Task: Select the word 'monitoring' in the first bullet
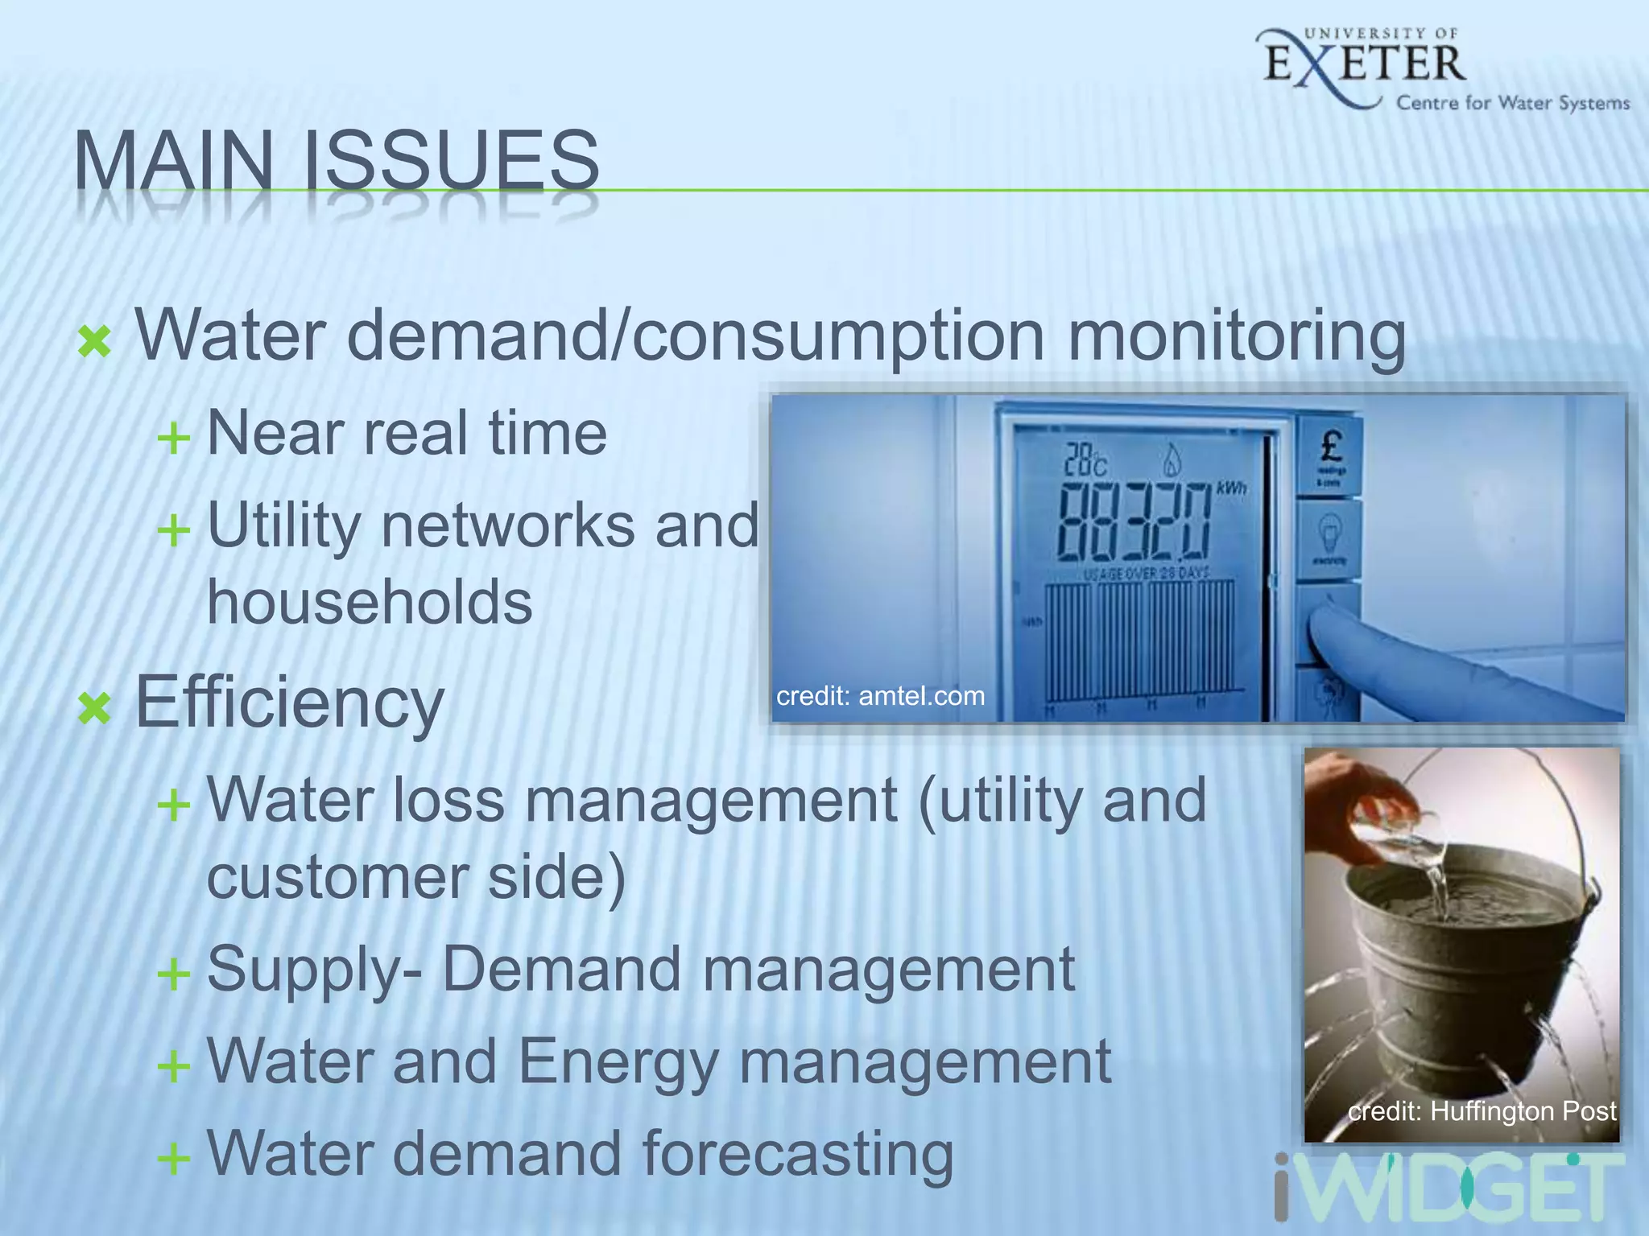point(1237,336)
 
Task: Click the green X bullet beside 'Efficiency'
point(95,708)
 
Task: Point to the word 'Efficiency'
point(289,703)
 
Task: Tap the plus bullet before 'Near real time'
point(174,439)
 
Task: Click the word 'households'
point(370,602)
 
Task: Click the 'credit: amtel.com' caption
point(880,696)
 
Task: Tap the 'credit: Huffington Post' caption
point(1482,1111)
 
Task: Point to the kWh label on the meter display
point(1231,488)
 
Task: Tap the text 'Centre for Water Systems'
point(1512,103)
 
